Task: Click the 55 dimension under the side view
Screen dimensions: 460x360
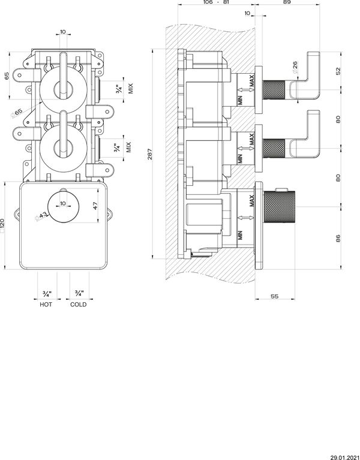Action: tap(274, 296)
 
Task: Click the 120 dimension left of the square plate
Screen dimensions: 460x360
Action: tap(3, 226)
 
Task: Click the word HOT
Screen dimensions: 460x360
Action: tap(46, 304)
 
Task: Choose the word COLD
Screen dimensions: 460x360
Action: tap(78, 304)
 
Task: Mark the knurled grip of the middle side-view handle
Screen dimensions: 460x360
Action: tap(276, 146)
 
